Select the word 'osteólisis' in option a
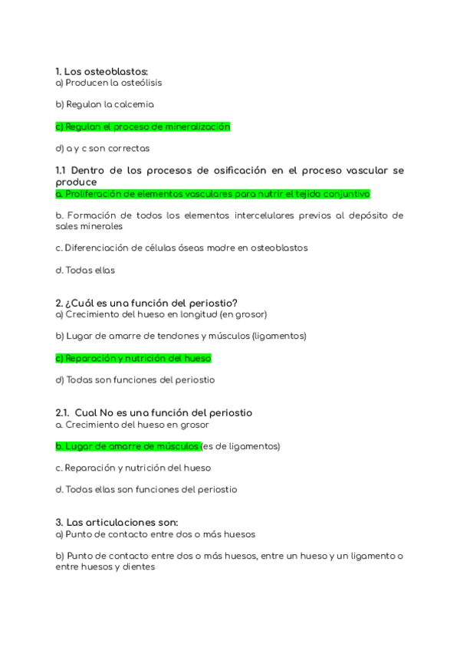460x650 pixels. point(139,82)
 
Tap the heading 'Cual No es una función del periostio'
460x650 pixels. point(163,412)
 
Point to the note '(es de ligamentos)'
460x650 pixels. point(242,445)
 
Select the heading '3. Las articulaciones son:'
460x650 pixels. point(117,523)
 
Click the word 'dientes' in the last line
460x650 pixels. point(139,567)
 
